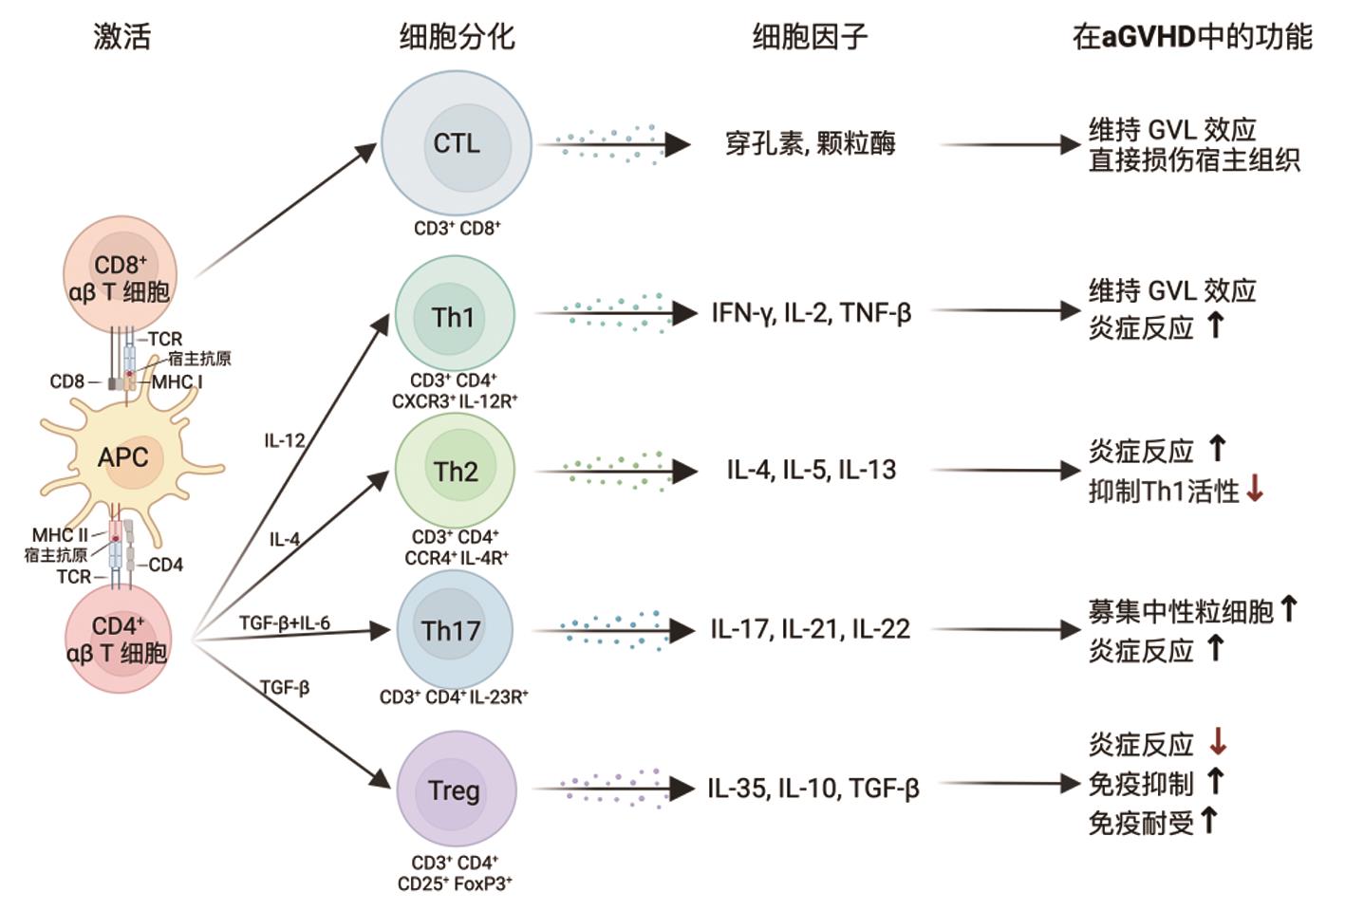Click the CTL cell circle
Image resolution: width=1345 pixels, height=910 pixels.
457,144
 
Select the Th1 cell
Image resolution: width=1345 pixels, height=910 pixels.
454,316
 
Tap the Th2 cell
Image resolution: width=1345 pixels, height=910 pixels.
455,471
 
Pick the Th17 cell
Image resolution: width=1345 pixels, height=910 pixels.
452,630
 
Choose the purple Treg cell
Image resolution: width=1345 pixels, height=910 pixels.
454,789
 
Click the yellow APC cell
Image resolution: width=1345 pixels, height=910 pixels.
123,457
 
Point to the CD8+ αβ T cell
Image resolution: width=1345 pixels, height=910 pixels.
119,276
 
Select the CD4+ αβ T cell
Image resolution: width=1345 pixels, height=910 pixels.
118,638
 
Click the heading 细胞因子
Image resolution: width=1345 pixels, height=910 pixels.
810,36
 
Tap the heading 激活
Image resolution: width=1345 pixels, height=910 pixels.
121,36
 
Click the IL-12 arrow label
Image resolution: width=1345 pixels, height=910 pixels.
285,440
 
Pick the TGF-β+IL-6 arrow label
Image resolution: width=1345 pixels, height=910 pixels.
285,622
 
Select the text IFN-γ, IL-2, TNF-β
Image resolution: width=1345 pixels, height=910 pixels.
812,312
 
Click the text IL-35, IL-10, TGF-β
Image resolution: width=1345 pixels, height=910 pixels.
813,789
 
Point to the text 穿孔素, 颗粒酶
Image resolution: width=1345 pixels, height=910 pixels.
810,144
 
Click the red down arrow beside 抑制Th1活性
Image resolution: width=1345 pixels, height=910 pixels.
1255,490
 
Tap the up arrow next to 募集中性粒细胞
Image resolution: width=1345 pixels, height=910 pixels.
1288,608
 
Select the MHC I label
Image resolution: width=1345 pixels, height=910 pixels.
177,381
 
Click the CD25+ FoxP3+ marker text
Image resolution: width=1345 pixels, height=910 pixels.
455,883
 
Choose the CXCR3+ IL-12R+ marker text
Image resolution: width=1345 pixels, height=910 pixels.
455,401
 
